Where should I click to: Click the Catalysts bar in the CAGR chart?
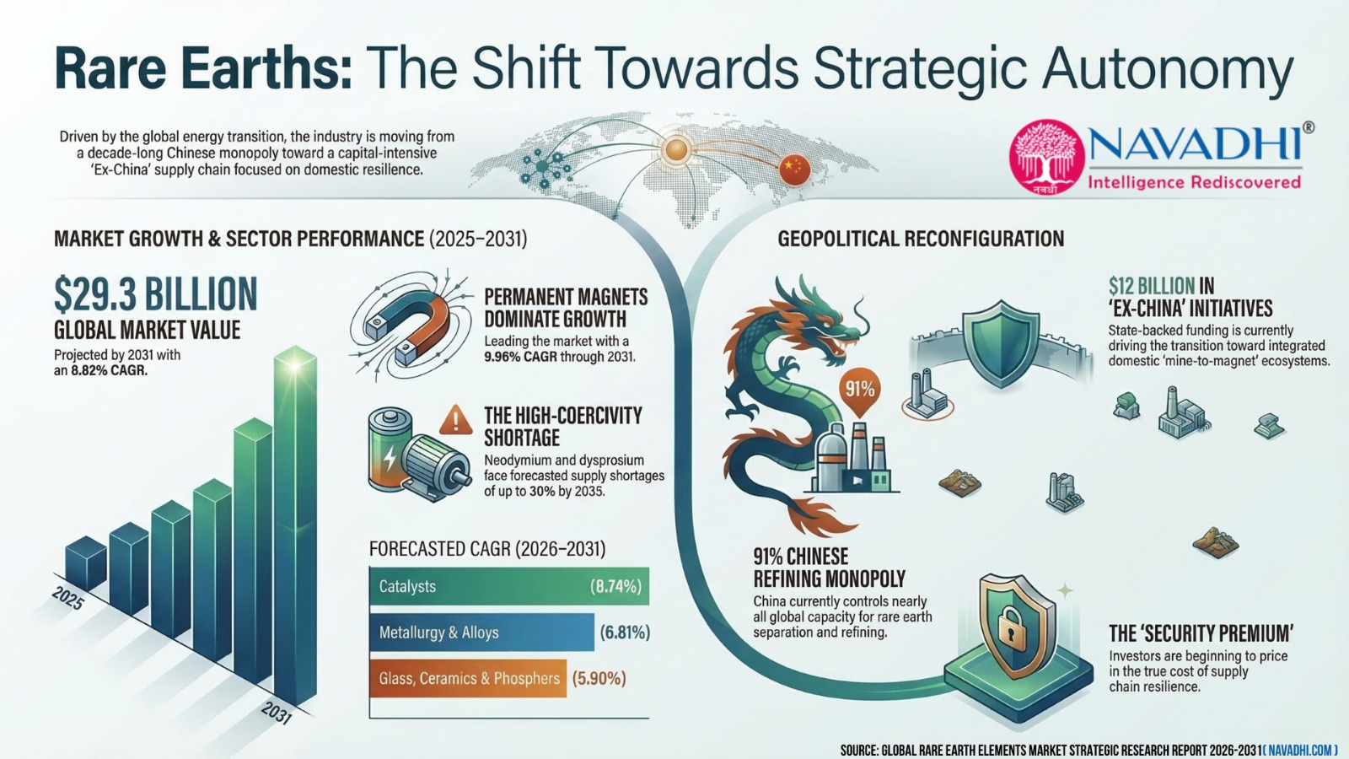pos(509,586)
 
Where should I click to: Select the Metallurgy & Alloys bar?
pos(481,632)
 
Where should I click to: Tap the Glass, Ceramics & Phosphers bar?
pos(467,678)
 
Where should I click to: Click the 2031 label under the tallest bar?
pos(277,713)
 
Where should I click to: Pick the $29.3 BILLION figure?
pos(155,294)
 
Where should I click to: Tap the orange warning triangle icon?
pos(456,420)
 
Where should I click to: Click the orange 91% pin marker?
pos(859,391)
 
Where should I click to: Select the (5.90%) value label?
pos(599,679)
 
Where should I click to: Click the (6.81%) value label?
pos(625,632)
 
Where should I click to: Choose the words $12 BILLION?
pos(1152,286)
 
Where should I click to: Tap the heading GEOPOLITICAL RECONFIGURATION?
pos(921,239)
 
